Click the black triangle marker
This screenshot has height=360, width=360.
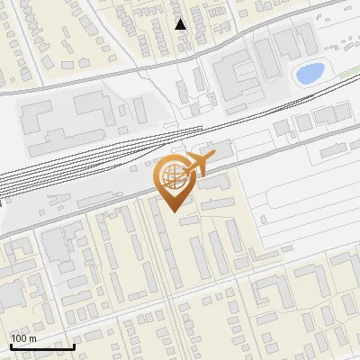click(x=181, y=24)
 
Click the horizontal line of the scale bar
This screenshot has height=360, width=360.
click(x=41, y=346)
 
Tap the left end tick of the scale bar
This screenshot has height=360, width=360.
click(x=10, y=344)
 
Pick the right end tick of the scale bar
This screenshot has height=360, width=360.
click(x=74, y=344)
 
